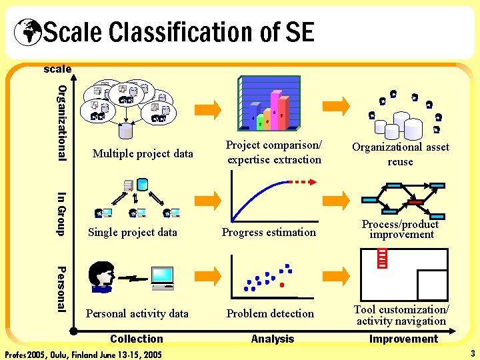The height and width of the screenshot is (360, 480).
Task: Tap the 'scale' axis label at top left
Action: coord(57,69)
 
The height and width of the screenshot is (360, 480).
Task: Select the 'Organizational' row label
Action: coord(62,123)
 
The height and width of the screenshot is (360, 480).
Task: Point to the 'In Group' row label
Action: coord(61,213)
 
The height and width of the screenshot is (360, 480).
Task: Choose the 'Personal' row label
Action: coord(61,289)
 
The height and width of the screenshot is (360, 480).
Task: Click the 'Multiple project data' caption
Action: coord(143,153)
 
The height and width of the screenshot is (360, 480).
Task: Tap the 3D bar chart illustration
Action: coord(269,104)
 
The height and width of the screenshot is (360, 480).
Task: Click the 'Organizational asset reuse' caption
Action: coord(401,154)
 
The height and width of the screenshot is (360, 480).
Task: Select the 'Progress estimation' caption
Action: coord(269,232)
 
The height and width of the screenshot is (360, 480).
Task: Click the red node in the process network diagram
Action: coord(415,201)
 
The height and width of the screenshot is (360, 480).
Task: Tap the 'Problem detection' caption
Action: coord(270,313)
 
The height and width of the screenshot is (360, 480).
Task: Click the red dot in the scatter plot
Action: coord(282,285)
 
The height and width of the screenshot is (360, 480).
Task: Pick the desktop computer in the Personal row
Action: coord(161,278)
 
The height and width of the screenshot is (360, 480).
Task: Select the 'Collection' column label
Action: coord(137,339)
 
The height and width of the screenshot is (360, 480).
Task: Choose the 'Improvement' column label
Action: coord(403,339)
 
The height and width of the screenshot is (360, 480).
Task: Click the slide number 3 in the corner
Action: coord(472,353)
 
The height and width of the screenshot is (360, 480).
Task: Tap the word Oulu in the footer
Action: coord(63,354)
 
